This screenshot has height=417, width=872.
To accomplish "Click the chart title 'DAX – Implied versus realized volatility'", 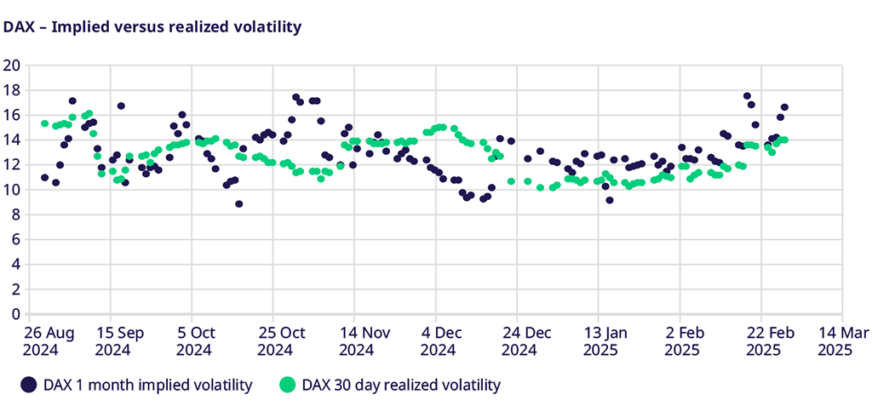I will [x=152, y=27].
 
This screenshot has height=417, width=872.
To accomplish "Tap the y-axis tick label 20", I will [x=12, y=66].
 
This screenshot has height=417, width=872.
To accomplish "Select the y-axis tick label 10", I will [x=12, y=190].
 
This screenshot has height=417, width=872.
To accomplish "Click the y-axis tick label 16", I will [x=12, y=115].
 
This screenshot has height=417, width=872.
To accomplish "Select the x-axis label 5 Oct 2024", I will [x=194, y=340].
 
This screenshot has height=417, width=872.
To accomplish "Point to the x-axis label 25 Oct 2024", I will [x=275, y=340].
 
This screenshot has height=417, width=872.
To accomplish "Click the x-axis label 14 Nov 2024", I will [x=356, y=340].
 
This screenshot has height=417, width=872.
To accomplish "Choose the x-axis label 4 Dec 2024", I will [x=438, y=340].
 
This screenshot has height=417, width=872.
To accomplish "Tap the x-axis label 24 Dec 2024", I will [x=519, y=340].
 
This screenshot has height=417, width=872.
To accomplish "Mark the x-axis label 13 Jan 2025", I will [x=599, y=340].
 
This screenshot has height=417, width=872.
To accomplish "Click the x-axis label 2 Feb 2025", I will [x=681, y=340].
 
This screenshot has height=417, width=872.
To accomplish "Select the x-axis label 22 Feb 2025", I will [x=762, y=340].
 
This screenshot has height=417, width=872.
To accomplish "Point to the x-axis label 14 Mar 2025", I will [x=840, y=340].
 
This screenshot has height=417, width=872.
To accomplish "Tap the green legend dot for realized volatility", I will [x=290, y=386].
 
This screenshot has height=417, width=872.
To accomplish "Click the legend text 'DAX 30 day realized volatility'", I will [x=402, y=386].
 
